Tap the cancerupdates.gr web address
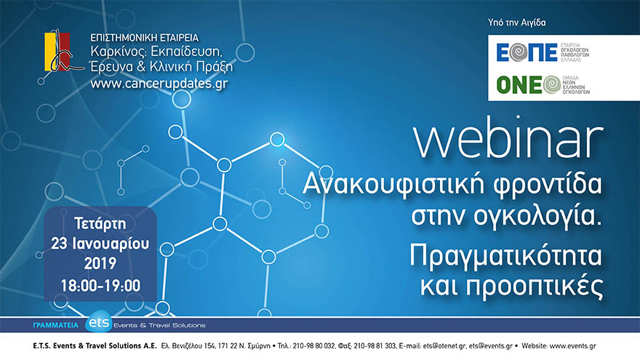pos(159,83)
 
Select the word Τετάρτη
pos(100,222)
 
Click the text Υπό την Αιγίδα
pos(516,23)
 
